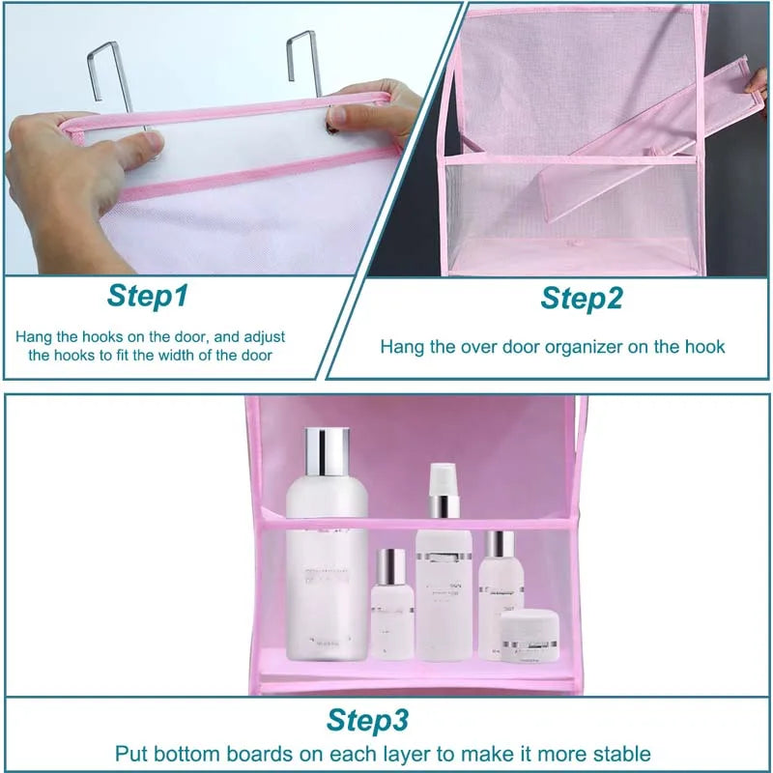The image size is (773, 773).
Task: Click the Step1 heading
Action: point(147,296)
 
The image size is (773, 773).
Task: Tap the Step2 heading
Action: point(581,298)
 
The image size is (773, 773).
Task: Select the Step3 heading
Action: point(367,720)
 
